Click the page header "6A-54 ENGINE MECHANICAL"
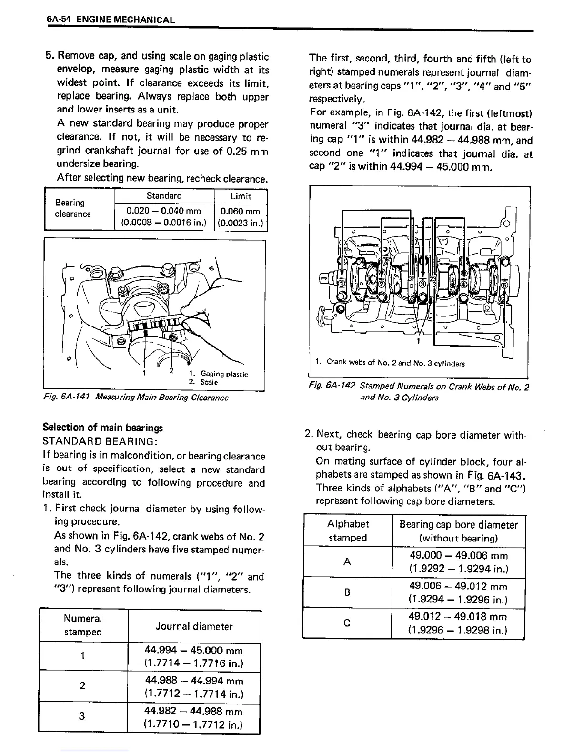tap(111, 20)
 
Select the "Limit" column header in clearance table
tap(241, 196)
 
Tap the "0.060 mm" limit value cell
tap(241, 217)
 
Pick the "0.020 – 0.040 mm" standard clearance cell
tap(164, 217)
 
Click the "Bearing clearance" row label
tap(73, 209)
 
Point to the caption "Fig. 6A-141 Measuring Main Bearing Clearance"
tap(135, 398)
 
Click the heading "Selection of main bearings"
tap(102, 428)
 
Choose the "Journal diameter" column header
tap(194, 627)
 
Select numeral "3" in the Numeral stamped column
tap(82, 716)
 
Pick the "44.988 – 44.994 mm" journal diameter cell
tap(194, 687)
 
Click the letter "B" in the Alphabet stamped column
tap(347, 592)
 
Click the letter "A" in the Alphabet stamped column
tap(347, 562)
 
